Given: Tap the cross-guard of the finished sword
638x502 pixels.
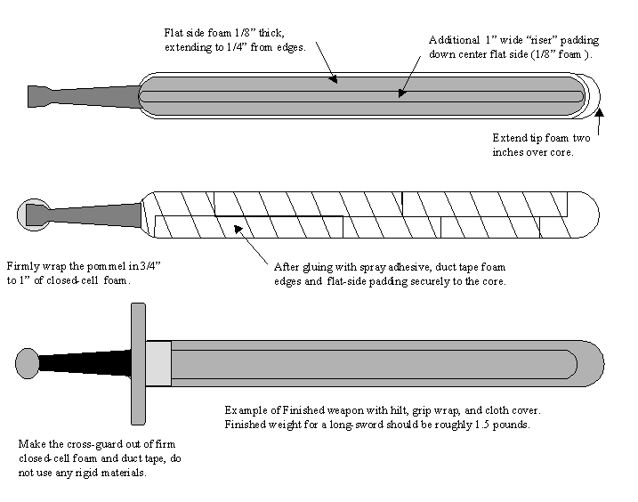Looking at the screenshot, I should (x=137, y=362).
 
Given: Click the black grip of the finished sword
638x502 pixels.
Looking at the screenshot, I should (x=84, y=362).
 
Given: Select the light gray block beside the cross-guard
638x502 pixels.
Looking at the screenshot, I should (x=157, y=363).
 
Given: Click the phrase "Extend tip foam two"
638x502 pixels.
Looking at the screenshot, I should (x=543, y=138).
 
